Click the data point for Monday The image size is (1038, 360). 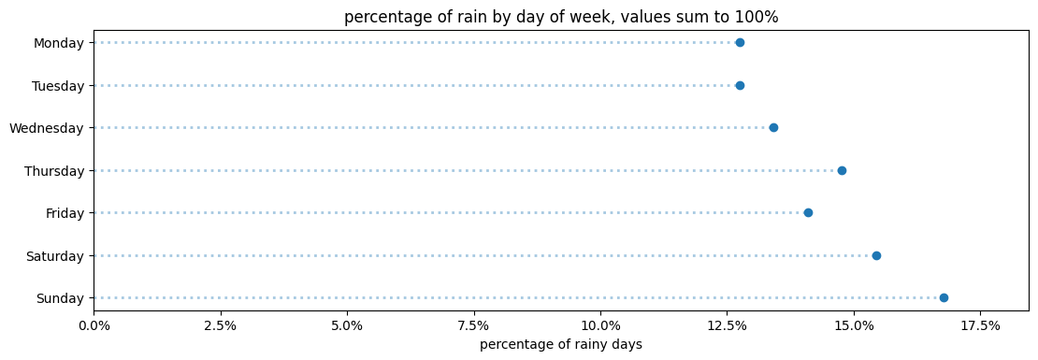[x=740, y=43]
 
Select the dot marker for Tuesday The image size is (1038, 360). [x=740, y=85]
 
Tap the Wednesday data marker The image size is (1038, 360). [x=773, y=128]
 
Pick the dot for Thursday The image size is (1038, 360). [x=842, y=170]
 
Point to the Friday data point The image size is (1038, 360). [x=808, y=213]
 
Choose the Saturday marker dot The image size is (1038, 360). [x=876, y=255]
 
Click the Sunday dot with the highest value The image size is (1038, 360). [x=944, y=298]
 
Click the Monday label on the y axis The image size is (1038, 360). [x=59, y=43]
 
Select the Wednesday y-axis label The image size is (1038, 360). [x=47, y=128]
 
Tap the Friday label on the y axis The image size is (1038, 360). [x=65, y=213]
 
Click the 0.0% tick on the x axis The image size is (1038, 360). [x=94, y=325]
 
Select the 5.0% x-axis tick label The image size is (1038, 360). [x=347, y=325]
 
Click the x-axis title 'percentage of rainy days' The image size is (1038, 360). [x=560, y=345]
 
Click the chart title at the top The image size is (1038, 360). [x=560, y=17]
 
